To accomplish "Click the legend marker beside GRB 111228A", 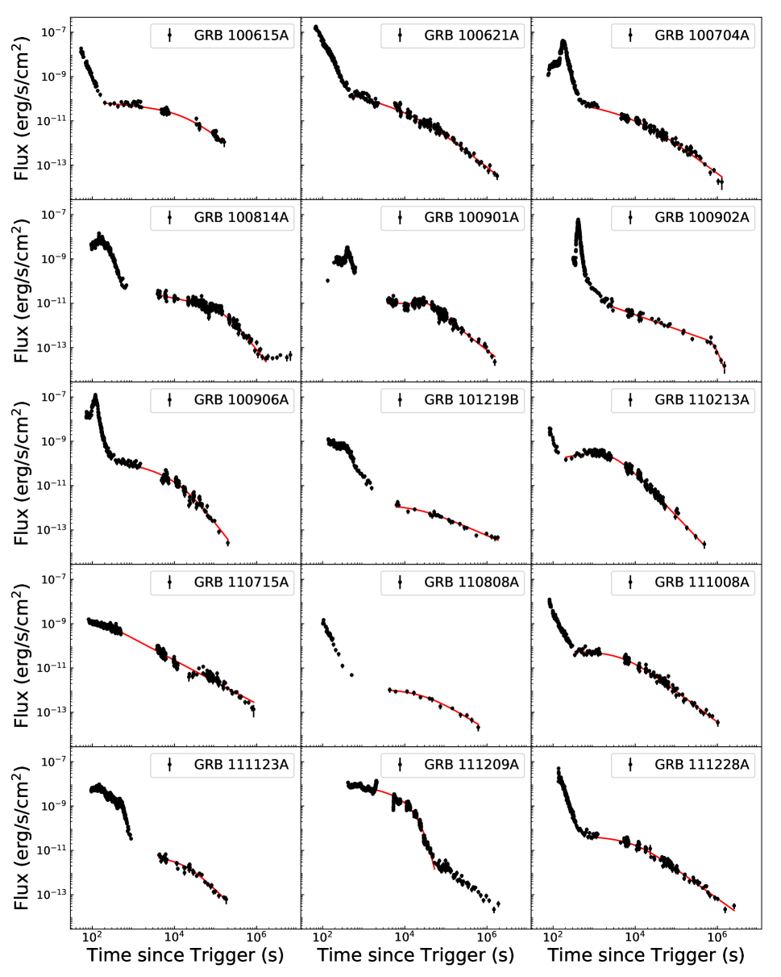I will (x=630, y=764).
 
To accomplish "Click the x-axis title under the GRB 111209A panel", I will (x=416, y=957).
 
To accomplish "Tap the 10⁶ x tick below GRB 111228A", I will (x=717, y=937).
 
